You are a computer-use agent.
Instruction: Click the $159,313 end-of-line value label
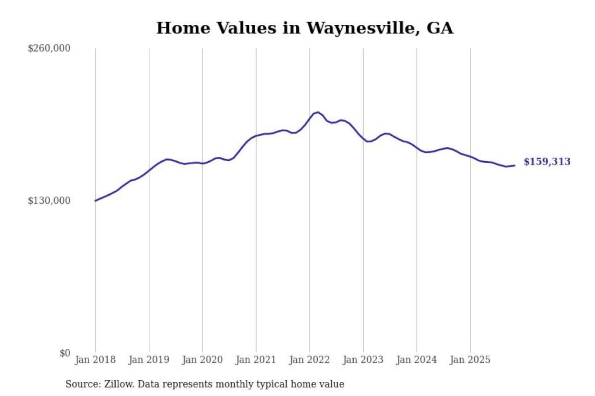coord(547,162)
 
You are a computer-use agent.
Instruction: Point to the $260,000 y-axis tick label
coord(49,48)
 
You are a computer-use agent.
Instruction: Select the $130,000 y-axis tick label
coord(49,200)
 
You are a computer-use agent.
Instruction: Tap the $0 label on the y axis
coord(65,353)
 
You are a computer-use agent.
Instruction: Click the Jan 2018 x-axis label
coord(95,360)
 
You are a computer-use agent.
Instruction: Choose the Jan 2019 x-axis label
coord(149,360)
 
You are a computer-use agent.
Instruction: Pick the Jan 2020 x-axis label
coord(202,360)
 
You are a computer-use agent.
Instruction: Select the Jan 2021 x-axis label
coord(256,360)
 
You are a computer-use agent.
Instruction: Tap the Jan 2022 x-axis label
coord(309,360)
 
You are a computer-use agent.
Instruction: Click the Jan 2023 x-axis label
coord(363,360)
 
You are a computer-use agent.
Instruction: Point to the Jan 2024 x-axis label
coord(416,360)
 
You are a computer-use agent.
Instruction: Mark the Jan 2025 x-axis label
coord(470,360)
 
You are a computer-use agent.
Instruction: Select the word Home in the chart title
coord(183,28)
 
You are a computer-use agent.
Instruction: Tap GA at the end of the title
coord(440,28)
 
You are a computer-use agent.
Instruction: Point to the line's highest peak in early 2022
coord(317,112)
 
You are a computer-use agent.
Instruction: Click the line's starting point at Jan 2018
coord(95,201)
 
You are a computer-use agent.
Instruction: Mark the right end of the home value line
coord(514,165)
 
